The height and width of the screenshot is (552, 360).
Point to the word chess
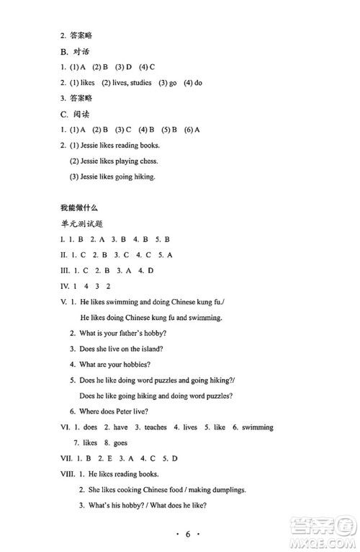pyautogui.click(x=148, y=161)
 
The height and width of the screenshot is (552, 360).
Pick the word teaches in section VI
pyautogui.click(x=156, y=427)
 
